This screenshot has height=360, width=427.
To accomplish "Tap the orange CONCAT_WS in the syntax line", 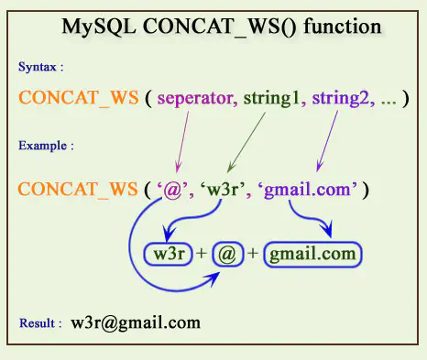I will [x=69, y=97].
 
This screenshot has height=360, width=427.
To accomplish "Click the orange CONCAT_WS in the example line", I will [x=69, y=190].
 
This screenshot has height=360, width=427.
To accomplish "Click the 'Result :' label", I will [x=40, y=323].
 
